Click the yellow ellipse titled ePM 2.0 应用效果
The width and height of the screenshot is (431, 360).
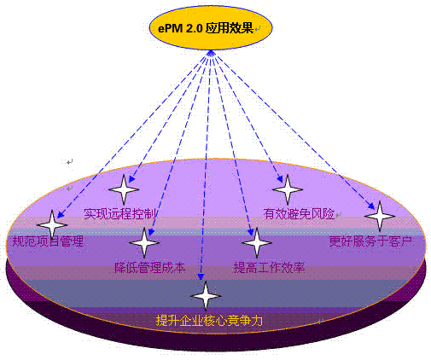pyautogui.click(x=211, y=28)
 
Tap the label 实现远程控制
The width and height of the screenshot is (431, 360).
pyautogui.click(x=120, y=213)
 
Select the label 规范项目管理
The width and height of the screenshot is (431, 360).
pyautogui.click(x=48, y=241)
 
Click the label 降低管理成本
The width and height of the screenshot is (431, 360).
pyautogui.click(x=149, y=268)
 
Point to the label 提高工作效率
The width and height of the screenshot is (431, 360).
pyautogui.click(x=269, y=268)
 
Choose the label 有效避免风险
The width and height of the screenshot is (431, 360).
pyautogui.click(x=299, y=213)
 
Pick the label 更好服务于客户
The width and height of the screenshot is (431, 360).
pyautogui.click(x=370, y=241)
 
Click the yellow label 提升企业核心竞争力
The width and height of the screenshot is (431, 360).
pyautogui.click(x=209, y=321)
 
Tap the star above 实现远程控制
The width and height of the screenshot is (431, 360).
pyautogui.click(x=124, y=189)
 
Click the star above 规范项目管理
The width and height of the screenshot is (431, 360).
pyautogui.click(x=52, y=225)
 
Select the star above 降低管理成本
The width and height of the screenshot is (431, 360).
pyautogui.click(x=144, y=243)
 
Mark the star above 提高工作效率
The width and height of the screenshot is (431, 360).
pyautogui.click(x=257, y=243)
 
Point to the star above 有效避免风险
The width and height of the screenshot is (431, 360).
pyautogui.click(x=288, y=189)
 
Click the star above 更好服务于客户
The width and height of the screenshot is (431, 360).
pyautogui.click(x=380, y=216)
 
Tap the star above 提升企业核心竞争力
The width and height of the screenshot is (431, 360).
pyautogui.click(x=206, y=296)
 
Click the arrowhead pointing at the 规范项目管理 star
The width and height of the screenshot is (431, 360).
pyautogui.click(x=61, y=214)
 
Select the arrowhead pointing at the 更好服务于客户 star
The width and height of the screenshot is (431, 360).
pyautogui.click(x=371, y=206)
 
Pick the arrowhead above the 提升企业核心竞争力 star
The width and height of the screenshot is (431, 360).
pyautogui.click(x=201, y=276)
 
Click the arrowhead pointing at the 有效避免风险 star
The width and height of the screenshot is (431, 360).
pyautogui.click(x=280, y=178)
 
